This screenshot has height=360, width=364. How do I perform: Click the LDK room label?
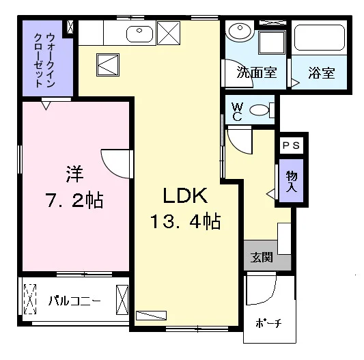tap(185, 195)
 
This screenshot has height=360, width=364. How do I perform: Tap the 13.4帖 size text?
tap(185, 221)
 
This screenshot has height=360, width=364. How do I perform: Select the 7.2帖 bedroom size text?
tap(74, 200)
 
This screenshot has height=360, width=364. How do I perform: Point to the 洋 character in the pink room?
tap(74, 174)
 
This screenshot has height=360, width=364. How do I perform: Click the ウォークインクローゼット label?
tap(44, 60)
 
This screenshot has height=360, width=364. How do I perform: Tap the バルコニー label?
tap(74, 301)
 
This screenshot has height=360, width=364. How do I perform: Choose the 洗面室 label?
tap(257, 72)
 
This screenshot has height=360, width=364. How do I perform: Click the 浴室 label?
tap(322, 72)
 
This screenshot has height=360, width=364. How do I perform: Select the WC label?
tap(237, 112)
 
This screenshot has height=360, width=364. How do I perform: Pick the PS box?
tap(292, 146)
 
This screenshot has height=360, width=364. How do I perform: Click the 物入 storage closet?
tap(292, 181)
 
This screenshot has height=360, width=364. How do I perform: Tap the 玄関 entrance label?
tap(262, 257)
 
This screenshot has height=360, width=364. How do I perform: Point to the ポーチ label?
tap(268, 323)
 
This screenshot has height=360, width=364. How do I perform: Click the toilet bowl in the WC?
tap(260, 110)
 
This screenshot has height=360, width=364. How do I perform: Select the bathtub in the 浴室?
tap(320, 38)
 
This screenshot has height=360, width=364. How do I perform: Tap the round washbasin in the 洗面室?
tap(240, 30)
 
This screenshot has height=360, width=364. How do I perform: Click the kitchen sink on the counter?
tap(139, 34)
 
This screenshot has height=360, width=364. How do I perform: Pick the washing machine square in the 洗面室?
tap(272, 42)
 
